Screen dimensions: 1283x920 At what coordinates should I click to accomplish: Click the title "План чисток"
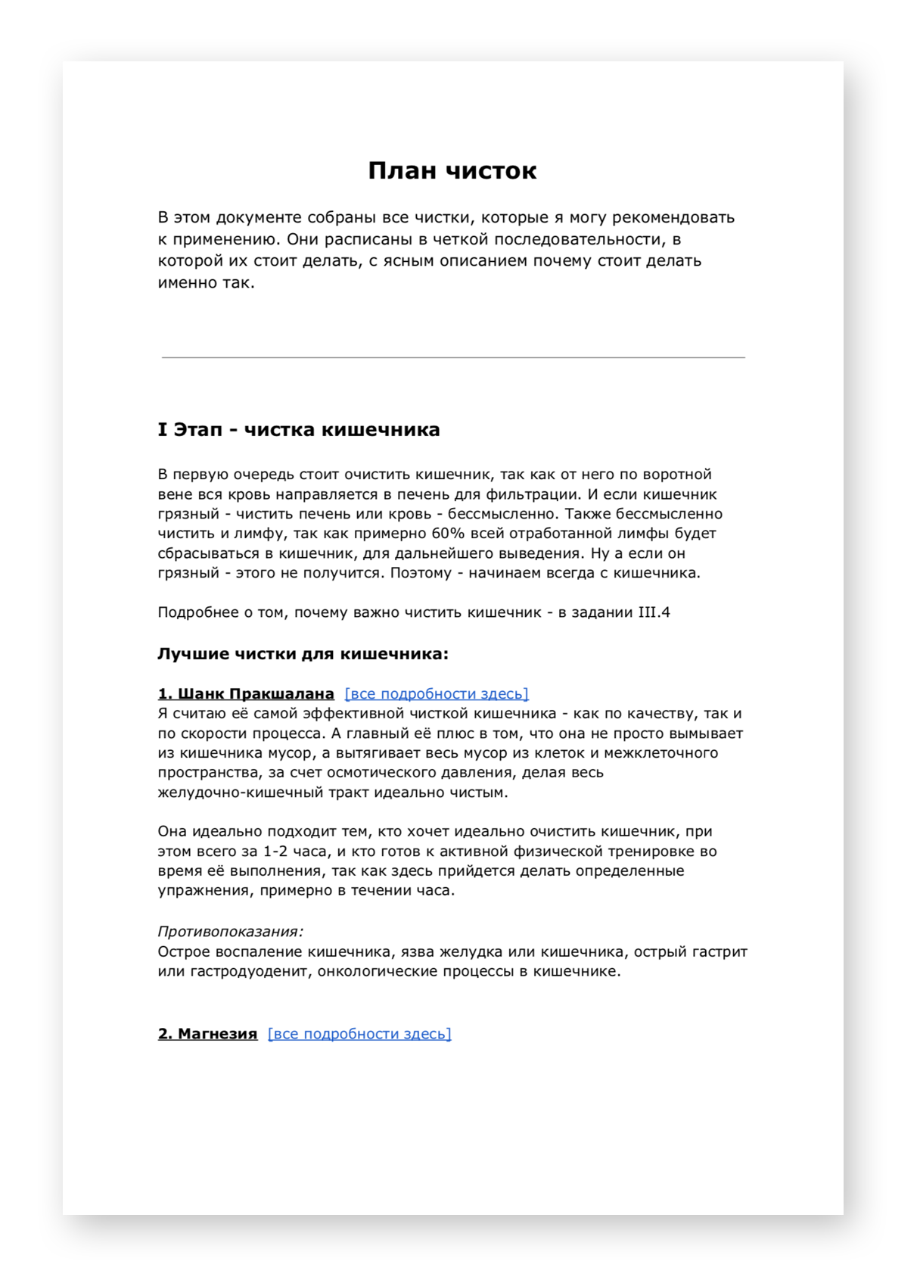pos(452,171)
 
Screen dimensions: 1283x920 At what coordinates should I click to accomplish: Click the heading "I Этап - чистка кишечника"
pos(298,430)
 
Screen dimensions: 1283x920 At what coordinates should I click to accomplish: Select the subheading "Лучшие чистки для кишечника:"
pos(303,654)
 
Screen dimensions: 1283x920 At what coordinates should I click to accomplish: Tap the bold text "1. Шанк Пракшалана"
pos(246,694)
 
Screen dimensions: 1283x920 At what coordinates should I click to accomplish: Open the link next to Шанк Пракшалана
pos(437,694)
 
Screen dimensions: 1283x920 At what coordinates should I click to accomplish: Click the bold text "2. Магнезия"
pos(207,1034)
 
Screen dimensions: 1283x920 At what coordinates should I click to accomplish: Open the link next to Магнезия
pos(359,1034)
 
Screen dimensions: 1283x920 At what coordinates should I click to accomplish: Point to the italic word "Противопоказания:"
pos(230,932)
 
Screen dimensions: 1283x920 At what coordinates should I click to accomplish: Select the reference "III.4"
pos(654,612)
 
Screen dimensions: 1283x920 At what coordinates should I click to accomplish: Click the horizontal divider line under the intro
pos(452,357)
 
